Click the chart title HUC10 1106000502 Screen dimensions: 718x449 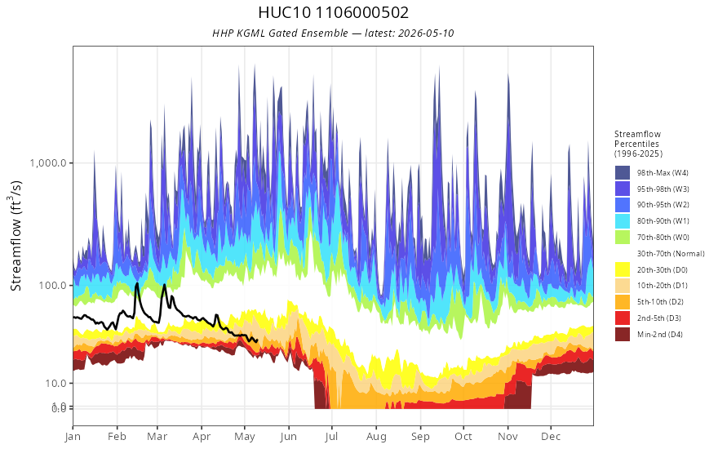coord(334,12)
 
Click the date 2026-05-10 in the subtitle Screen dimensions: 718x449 coord(426,33)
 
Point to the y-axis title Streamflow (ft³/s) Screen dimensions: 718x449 coord(16,235)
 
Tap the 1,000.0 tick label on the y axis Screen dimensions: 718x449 coord(48,162)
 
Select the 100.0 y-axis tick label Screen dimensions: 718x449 coord(53,285)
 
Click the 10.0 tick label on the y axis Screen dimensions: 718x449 coord(55,383)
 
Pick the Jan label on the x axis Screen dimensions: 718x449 coord(73,437)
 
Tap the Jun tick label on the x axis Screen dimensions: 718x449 coord(289,437)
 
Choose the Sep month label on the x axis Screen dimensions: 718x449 coord(420,437)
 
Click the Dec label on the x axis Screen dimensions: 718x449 coord(551,437)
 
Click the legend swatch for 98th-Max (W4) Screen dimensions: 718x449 coord(623,173)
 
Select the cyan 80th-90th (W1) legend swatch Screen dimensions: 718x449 coord(623,221)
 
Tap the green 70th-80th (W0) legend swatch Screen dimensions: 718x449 coord(623,237)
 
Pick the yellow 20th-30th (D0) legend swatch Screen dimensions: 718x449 coord(623,269)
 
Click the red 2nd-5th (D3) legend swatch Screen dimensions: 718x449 coord(623,318)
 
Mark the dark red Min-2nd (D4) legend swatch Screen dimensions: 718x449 coord(623,334)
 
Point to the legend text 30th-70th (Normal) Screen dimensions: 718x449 coord(671,253)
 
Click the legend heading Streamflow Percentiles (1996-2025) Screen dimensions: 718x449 coord(638,144)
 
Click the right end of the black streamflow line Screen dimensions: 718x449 coord(257,340)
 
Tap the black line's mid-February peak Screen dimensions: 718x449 coord(136,283)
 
